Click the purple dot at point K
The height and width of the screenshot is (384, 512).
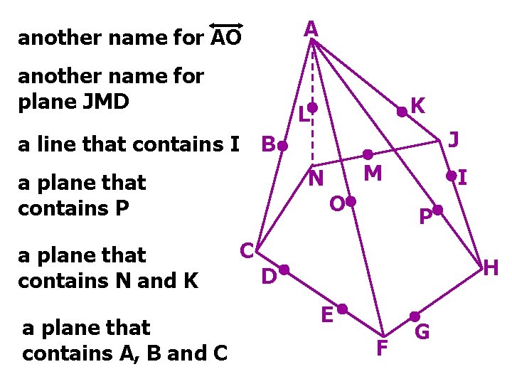tap(402, 111)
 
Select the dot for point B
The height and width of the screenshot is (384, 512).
tap(282, 146)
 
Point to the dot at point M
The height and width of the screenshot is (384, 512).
tap(368, 154)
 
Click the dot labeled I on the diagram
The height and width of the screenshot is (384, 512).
tap(451, 175)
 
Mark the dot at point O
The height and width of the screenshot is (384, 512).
tap(350, 202)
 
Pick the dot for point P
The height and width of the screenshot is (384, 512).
tap(438, 210)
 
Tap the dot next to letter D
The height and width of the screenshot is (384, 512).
tap(283, 270)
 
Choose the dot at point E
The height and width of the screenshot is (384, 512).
tap(342, 309)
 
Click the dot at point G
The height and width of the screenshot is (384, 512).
tap(414, 316)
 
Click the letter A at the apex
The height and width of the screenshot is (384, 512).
tap(311, 29)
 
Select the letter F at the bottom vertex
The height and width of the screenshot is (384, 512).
tap(382, 349)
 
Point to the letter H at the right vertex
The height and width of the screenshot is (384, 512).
tap(491, 268)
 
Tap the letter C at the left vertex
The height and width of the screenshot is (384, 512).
tap(247, 250)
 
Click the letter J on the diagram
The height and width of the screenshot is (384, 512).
tap(453, 139)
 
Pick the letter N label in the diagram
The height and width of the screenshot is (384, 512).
tap(316, 178)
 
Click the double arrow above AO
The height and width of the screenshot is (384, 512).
tap(227, 25)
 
